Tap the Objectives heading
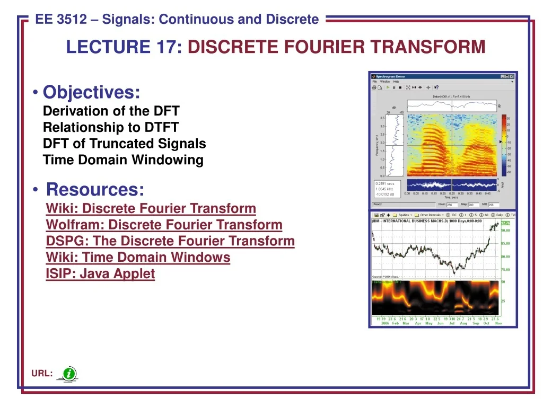point(91,92)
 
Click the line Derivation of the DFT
point(111,111)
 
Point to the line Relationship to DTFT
point(110,127)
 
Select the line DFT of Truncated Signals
point(124,144)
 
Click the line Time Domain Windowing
point(123,160)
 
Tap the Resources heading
point(95,189)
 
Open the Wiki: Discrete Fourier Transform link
point(151,208)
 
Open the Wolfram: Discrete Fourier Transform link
point(164,225)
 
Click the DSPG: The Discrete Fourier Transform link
point(170,241)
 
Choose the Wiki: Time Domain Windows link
point(138,258)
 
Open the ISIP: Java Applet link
point(100,274)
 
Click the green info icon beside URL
point(69,374)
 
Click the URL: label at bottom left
point(41,374)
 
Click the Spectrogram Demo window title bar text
point(390,76)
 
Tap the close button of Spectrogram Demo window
point(512,76)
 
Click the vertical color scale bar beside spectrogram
point(504,145)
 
